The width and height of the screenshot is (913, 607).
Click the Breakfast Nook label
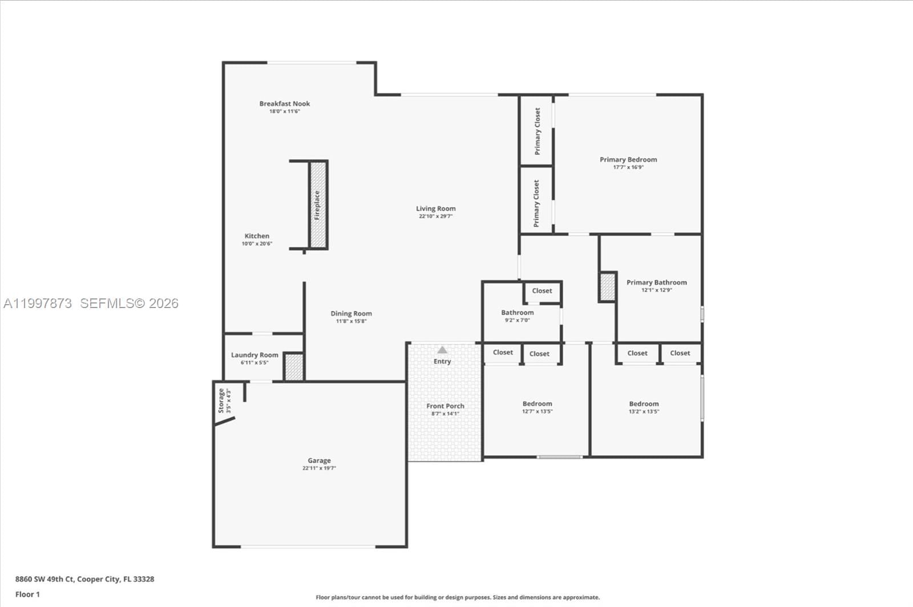[x=285, y=104]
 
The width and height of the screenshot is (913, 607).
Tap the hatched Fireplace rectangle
[x=318, y=205]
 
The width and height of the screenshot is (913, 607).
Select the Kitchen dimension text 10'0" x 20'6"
[x=257, y=244]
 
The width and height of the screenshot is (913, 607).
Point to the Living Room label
[x=435, y=209]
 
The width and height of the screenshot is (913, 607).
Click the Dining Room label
[x=351, y=314]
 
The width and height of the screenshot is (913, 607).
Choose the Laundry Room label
[x=254, y=355]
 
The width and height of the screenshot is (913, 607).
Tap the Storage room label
[x=221, y=400]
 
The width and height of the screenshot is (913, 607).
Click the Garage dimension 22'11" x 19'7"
[x=319, y=468]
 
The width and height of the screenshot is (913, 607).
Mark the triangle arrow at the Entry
[x=442, y=350]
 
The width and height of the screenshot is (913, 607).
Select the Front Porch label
[x=445, y=406]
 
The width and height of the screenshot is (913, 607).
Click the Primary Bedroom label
[x=628, y=160]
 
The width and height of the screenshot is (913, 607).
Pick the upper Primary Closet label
[x=537, y=131]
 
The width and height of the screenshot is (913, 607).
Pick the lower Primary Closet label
[x=536, y=203]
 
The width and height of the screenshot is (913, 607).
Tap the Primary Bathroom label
[x=656, y=282]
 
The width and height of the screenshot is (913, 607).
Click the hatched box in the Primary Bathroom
[x=608, y=287]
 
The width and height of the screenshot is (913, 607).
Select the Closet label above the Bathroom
[x=542, y=291]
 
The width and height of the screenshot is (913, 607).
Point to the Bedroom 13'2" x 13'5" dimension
[x=644, y=411]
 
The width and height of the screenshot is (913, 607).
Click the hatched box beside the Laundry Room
[x=293, y=367]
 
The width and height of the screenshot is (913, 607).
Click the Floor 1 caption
[x=27, y=594]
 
